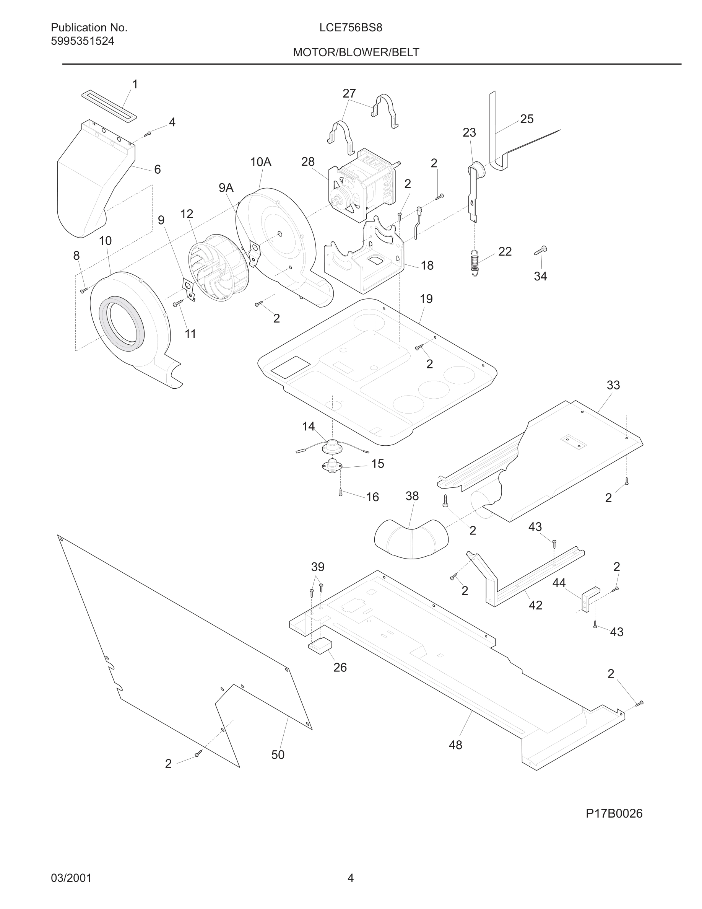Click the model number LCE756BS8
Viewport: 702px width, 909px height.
[x=351, y=28]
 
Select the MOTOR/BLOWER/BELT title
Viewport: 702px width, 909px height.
[x=356, y=52]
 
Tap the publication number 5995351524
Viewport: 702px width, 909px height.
[x=82, y=41]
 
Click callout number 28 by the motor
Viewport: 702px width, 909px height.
[x=308, y=161]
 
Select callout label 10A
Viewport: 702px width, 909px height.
[x=261, y=162]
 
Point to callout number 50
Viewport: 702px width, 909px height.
[x=278, y=754]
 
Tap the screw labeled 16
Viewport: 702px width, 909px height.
[x=341, y=493]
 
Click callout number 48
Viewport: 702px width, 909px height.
[x=455, y=745]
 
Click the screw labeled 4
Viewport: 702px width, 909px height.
[x=148, y=134]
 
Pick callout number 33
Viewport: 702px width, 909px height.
[x=613, y=385]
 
